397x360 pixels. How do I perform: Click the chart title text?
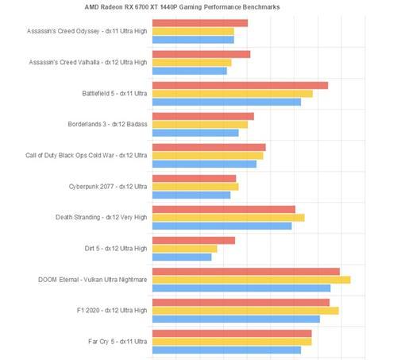point(182,7)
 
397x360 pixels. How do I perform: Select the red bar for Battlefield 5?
point(240,86)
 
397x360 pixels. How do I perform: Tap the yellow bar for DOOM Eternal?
point(252,280)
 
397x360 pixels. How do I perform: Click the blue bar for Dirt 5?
point(182,257)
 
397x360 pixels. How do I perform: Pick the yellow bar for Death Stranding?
point(229,218)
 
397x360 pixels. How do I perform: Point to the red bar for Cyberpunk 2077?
point(194,179)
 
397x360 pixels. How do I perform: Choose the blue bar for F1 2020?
point(236,319)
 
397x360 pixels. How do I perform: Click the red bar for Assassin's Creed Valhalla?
point(201,54)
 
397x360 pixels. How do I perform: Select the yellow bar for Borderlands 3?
point(200,125)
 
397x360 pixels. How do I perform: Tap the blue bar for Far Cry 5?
point(226,350)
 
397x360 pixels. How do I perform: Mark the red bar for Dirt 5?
point(194,241)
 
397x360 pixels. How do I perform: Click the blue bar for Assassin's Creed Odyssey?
point(193,40)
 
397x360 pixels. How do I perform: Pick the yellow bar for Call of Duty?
point(208,156)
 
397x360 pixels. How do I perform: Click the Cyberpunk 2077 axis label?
point(108,187)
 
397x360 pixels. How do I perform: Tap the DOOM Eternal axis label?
point(92,280)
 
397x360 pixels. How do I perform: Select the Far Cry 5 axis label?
point(118,342)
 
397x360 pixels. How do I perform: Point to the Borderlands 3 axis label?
point(107,124)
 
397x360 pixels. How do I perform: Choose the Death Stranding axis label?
point(101,218)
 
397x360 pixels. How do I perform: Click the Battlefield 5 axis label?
point(114,94)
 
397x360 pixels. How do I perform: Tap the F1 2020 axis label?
point(112,310)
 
